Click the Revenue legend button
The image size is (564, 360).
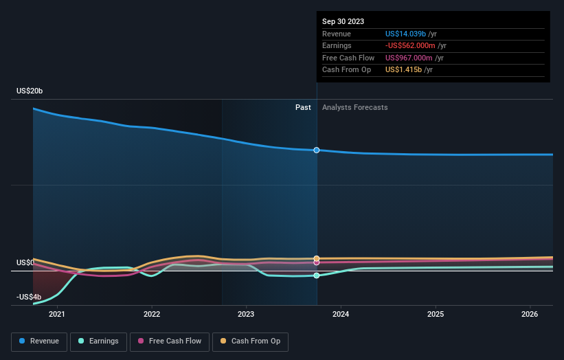[39, 341]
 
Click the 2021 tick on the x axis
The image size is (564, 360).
[57, 315]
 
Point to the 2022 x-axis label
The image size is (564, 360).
[152, 315]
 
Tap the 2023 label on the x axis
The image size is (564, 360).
[246, 315]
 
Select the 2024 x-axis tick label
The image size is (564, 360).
[341, 315]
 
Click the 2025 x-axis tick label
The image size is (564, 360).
[435, 315]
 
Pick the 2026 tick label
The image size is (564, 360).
[530, 315]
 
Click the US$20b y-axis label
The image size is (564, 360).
[30, 91]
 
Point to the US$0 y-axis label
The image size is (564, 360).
[26, 263]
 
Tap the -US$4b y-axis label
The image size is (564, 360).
[29, 297]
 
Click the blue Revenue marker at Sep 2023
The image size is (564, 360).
[317, 150]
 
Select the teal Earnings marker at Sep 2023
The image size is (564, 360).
[317, 275]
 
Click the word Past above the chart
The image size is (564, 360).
[303, 108]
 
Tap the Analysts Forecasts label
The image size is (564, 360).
[354, 108]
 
